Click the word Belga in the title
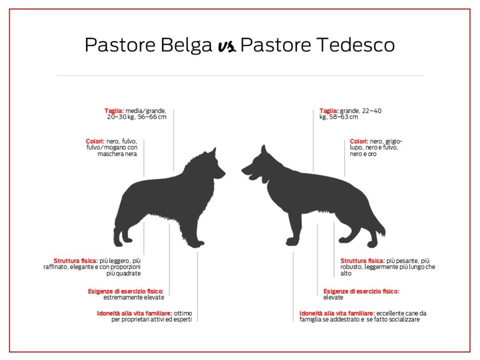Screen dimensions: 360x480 [186, 45]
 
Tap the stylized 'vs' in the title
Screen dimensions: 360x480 [227, 46]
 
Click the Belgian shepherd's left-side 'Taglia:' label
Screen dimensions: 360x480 [114, 111]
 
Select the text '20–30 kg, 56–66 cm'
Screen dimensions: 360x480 [137, 117]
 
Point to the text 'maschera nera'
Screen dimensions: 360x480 [117, 154]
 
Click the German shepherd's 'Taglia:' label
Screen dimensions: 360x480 [329, 111]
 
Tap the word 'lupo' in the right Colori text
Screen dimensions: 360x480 [356, 148]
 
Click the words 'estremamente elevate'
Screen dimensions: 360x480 [134, 298]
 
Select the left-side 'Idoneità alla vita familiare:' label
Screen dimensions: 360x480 [134, 313]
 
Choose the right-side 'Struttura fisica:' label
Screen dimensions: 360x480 [363, 261]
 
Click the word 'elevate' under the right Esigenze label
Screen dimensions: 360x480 [333, 298]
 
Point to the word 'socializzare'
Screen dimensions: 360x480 [403, 319]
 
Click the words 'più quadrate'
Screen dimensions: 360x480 [124, 274]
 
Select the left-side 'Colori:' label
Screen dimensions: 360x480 [95, 141]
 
